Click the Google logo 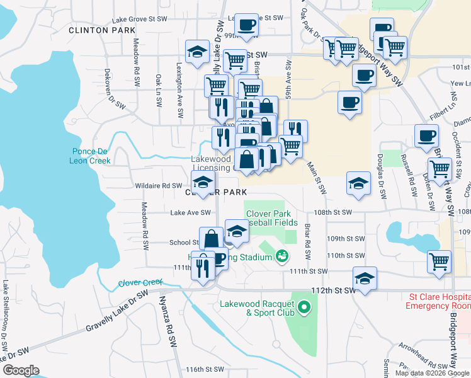(x=21, y=370)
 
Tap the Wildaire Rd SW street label (x=159, y=186)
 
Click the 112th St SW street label (x=329, y=290)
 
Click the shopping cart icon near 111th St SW (x=439, y=261)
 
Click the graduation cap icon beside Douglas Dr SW (x=358, y=184)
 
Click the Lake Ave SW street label (x=190, y=213)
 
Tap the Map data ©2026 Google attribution (x=433, y=372)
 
